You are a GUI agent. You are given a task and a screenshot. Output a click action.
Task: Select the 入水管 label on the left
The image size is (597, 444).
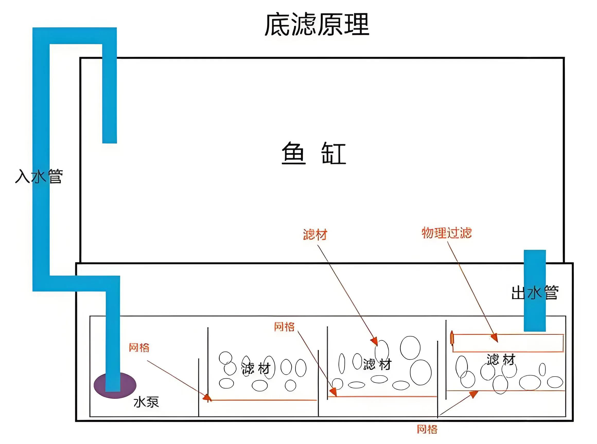point(39,177)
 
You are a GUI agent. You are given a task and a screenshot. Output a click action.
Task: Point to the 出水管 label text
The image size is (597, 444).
point(534,293)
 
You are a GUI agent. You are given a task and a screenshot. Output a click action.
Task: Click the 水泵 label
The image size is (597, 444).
point(146,402)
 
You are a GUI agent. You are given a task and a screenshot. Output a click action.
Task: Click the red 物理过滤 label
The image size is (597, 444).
point(446,233)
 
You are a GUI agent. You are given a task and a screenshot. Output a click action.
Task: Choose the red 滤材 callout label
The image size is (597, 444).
point(315,235)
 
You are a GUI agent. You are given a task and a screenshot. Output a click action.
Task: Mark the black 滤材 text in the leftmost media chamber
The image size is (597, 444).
point(256,368)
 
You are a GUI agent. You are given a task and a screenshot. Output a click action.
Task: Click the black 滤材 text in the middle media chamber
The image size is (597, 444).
point(377,364)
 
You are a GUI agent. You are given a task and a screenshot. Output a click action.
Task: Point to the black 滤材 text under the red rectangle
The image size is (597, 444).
point(501,360)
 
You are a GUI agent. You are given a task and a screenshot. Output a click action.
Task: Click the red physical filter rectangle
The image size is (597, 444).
point(507,343)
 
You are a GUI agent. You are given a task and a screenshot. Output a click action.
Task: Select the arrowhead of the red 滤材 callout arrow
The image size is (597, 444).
point(374,341)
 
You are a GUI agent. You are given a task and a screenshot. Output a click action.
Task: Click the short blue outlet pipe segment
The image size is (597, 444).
point(534,290)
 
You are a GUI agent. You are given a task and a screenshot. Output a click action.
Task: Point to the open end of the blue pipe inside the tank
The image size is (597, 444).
point(110,141)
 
